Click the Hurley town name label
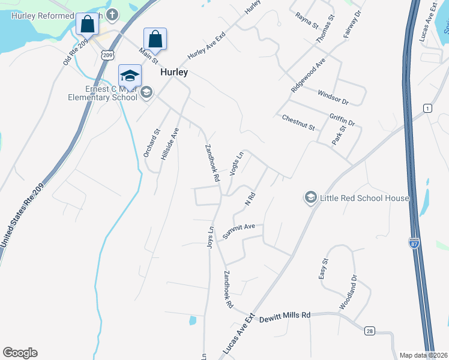(174, 72)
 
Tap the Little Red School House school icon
(311, 197)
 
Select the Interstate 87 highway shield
(414, 243)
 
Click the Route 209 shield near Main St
(107, 55)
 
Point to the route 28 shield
(369, 331)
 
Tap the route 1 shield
(427, 108)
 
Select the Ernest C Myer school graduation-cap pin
(130, 76)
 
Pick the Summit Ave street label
(239, 232)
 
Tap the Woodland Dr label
(349, 292)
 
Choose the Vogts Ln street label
(237, 164)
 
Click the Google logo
(20, 353)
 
